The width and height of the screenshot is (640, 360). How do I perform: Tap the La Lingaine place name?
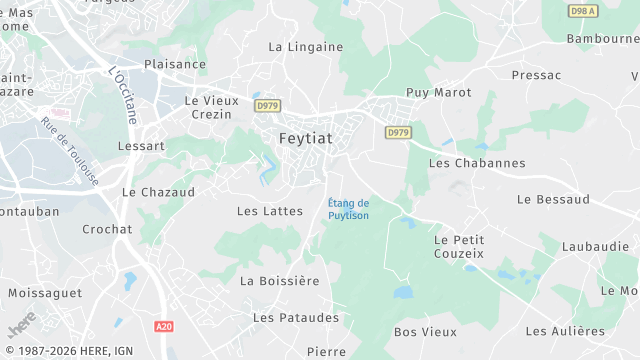pyautogui.click(x=305, y=47)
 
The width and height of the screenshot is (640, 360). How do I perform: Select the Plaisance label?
pyautogui.click(x=175, y=64)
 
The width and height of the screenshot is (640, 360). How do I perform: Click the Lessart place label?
pyautogui.click(x=141, y=145)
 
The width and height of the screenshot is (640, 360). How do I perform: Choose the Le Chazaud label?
pyautogui.click(x=158, y=191)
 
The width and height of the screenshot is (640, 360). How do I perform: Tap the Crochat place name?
pyautogui.click(x=107, y=229)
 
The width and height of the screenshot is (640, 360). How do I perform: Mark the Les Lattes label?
pyautogui.click(x=262, y=211)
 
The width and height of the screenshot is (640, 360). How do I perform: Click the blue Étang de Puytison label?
pyautogui.click(x=349, y=209)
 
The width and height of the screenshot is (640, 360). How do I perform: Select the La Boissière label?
pyautogui.click(x=280, y=281)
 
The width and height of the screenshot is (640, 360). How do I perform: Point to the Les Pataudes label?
pyautogui.click(x=296, y=317)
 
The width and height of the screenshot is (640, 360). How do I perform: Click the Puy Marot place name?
pyautogui.click(x=438, y=92)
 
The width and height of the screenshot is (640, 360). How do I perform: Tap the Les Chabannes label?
pyautogui.click(x=476, y=162)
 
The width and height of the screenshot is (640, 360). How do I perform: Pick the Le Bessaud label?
pyautogui.click(x=553, y=200)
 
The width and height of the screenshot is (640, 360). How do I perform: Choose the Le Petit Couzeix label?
pyautogui.click(x=459, y=247)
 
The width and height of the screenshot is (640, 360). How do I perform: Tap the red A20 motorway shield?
pyautogui.click(x=164, y=326)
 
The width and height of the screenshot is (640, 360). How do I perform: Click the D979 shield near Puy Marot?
pyautogui.click(x=398, y=132)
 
